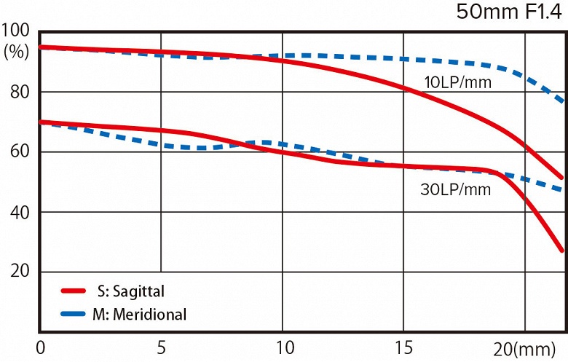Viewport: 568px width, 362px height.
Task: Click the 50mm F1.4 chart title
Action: (x=510, y=12)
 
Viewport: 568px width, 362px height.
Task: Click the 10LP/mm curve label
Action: (x=458, y=82)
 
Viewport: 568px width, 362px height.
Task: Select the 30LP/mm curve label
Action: (x=456, y=190)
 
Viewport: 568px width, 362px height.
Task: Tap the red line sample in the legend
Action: (x=78, y=291)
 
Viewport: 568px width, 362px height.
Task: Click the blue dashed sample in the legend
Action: (x=78, y=315)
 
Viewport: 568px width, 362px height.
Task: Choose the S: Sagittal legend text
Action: (x=130, y=291)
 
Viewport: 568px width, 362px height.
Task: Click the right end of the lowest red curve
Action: (x=562, y=250)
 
